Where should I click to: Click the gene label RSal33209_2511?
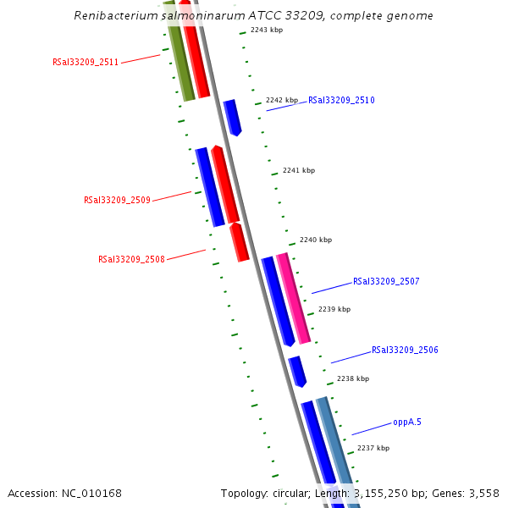86,62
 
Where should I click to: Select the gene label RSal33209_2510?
341,100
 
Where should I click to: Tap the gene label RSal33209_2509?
117,201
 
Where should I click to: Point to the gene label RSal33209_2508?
131,259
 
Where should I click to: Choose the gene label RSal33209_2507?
386,281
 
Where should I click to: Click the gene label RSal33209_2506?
405,350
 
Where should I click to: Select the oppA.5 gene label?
406,422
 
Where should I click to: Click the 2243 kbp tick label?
267,30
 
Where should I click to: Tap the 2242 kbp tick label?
282,100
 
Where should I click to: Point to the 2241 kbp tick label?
299,170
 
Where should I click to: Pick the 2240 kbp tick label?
316,240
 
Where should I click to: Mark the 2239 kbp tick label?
334,309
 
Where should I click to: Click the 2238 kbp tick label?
353,378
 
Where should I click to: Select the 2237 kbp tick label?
373,448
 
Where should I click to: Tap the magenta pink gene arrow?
293,296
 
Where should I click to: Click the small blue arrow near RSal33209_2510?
232,117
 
